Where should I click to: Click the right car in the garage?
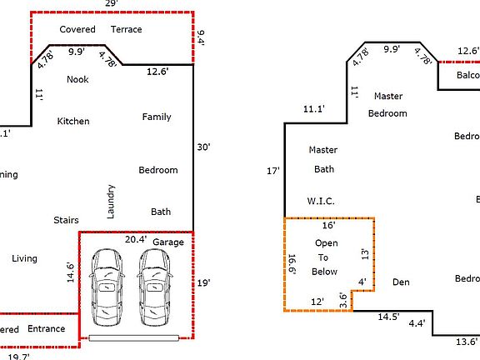click(x=156, y=287)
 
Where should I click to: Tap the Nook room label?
click(x=77, y=79)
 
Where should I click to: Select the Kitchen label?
click(x=72, y=122)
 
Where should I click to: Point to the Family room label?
click(x=157, y=117)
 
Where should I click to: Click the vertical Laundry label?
click(x=111, y=202)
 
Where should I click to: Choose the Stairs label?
click(x=66, y=221)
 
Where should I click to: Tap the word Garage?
click(x=167, y=242)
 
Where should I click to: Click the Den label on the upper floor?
click(x=402, y=282)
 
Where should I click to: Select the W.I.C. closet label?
click(x=321, y=202)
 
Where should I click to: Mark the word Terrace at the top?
click(x=126, y=30)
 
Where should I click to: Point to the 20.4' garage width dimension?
click(x=135, y=240)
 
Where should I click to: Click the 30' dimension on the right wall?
click(x=204, y=147)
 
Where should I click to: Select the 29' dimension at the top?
click(x=111, y=4)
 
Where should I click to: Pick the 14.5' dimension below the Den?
click(x=388, y=317)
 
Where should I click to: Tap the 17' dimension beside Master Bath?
click(x=272, y=171)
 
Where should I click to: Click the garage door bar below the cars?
click(x=134, y=338)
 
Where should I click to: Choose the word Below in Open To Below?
click(x=325, y=272)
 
